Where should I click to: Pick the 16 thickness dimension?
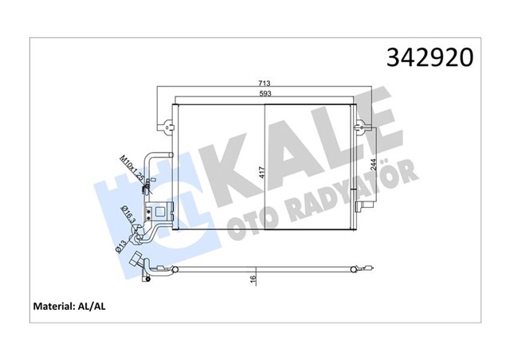[253, 280]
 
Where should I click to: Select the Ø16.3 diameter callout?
[129, 215]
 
